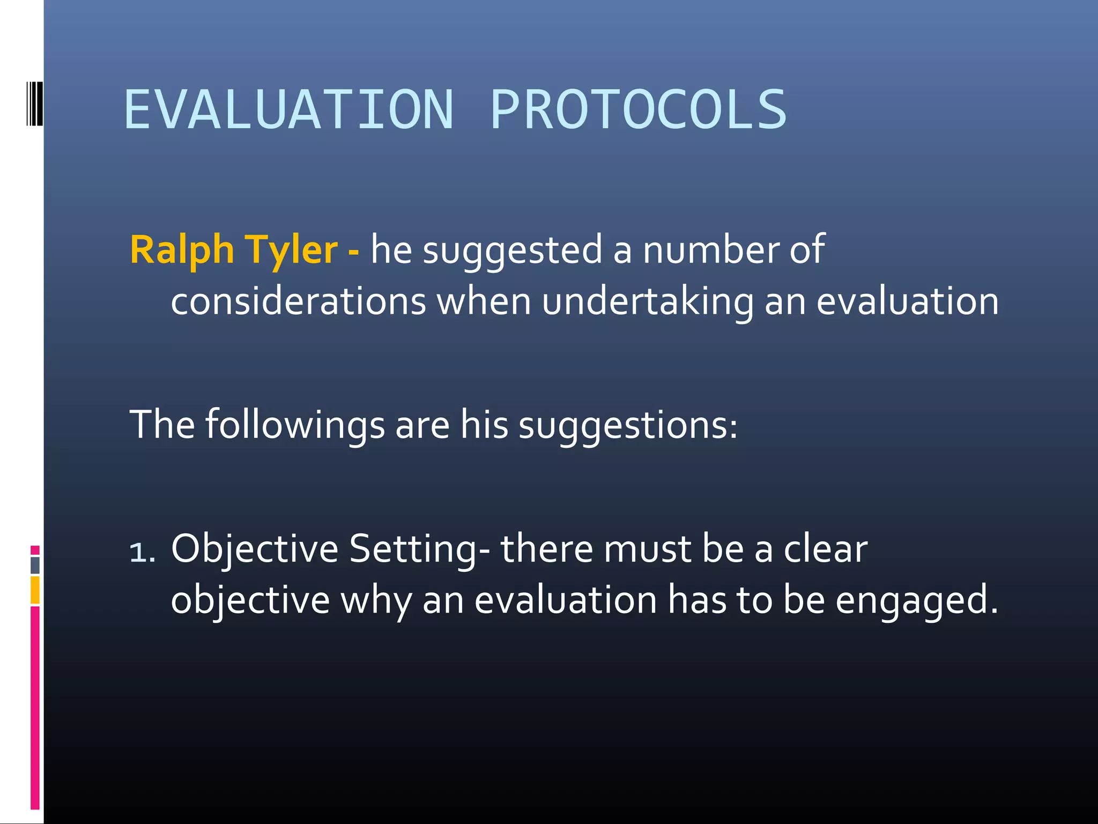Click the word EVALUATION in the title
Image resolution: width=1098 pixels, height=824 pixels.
tap(288, 110)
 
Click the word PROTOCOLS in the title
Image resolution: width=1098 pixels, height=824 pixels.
tap(638, 110)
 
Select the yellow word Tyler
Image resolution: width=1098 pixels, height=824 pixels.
tap(292, 250)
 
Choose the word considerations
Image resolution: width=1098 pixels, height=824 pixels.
tap(298, 301)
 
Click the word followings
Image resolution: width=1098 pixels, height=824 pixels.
tap(295, 425)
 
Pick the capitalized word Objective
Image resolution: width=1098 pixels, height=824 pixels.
tap(255, 549)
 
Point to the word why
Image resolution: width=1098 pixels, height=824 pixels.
tap(376, 601)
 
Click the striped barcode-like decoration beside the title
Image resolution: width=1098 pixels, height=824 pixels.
tap(35, 104)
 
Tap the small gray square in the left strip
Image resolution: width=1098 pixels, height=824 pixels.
tap(35, 565)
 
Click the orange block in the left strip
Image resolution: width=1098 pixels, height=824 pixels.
tap(35, 590)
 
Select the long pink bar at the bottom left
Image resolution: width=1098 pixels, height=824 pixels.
tap(35, 708)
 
